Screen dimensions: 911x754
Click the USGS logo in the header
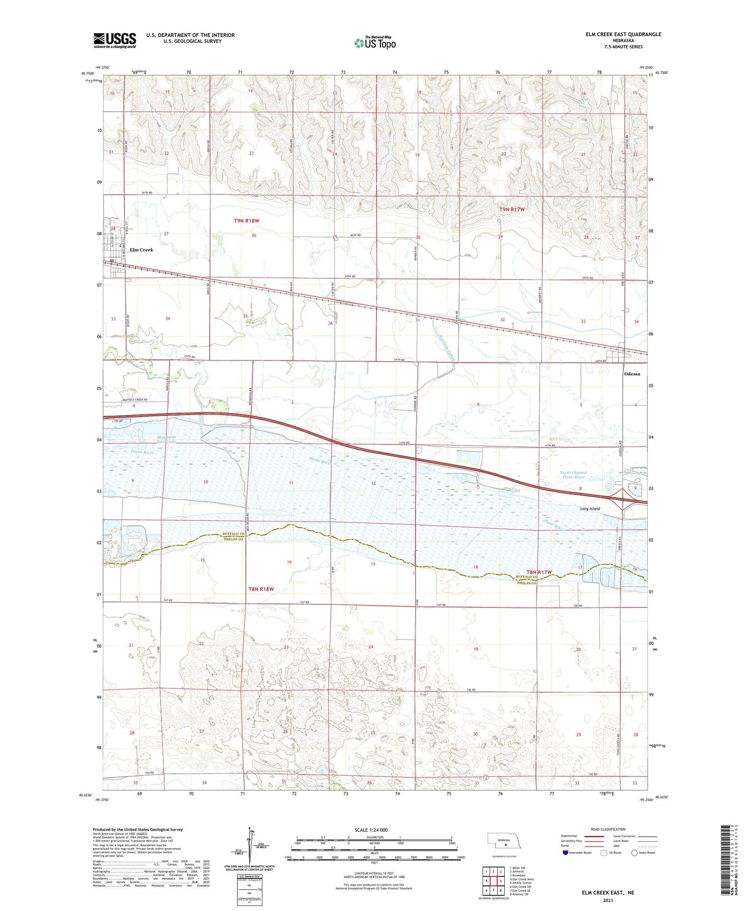[115, 40]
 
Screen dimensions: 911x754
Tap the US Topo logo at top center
[374, 43]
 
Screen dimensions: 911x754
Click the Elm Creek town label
[141, 250]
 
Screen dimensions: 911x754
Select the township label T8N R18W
[261, 589]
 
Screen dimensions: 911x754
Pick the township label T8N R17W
[539, 572]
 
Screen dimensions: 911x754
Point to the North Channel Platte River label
[573, 475]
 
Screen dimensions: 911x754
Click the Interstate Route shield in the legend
[565, 853]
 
